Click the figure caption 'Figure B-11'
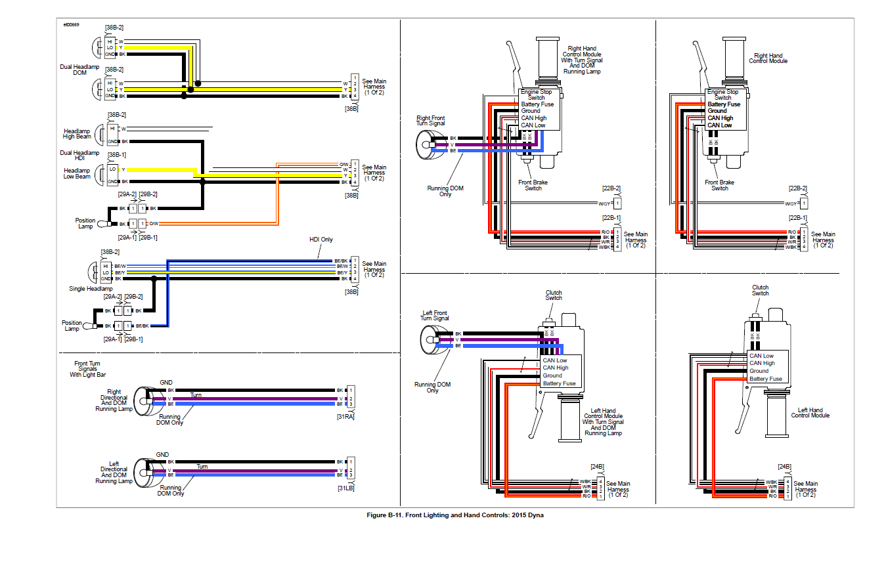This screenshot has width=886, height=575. (454, 515)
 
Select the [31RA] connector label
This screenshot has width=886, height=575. (345, 416)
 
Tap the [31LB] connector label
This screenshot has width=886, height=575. (345, 488)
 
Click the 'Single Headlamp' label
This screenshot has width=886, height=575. (91, 289)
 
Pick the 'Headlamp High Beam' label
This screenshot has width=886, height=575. (77, 134)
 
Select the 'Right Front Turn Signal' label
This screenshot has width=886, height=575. (430, 121)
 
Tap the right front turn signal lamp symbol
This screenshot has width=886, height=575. (427, 144)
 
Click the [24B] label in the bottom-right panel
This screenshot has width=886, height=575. (784, 467)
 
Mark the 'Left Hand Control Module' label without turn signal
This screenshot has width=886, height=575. (810, 413)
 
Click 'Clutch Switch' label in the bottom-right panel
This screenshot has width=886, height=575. (760, 290)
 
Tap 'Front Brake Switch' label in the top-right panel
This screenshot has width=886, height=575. (720, 185)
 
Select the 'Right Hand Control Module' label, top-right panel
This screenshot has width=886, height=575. (768, 58)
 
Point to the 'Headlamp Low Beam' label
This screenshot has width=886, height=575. (77, 173)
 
